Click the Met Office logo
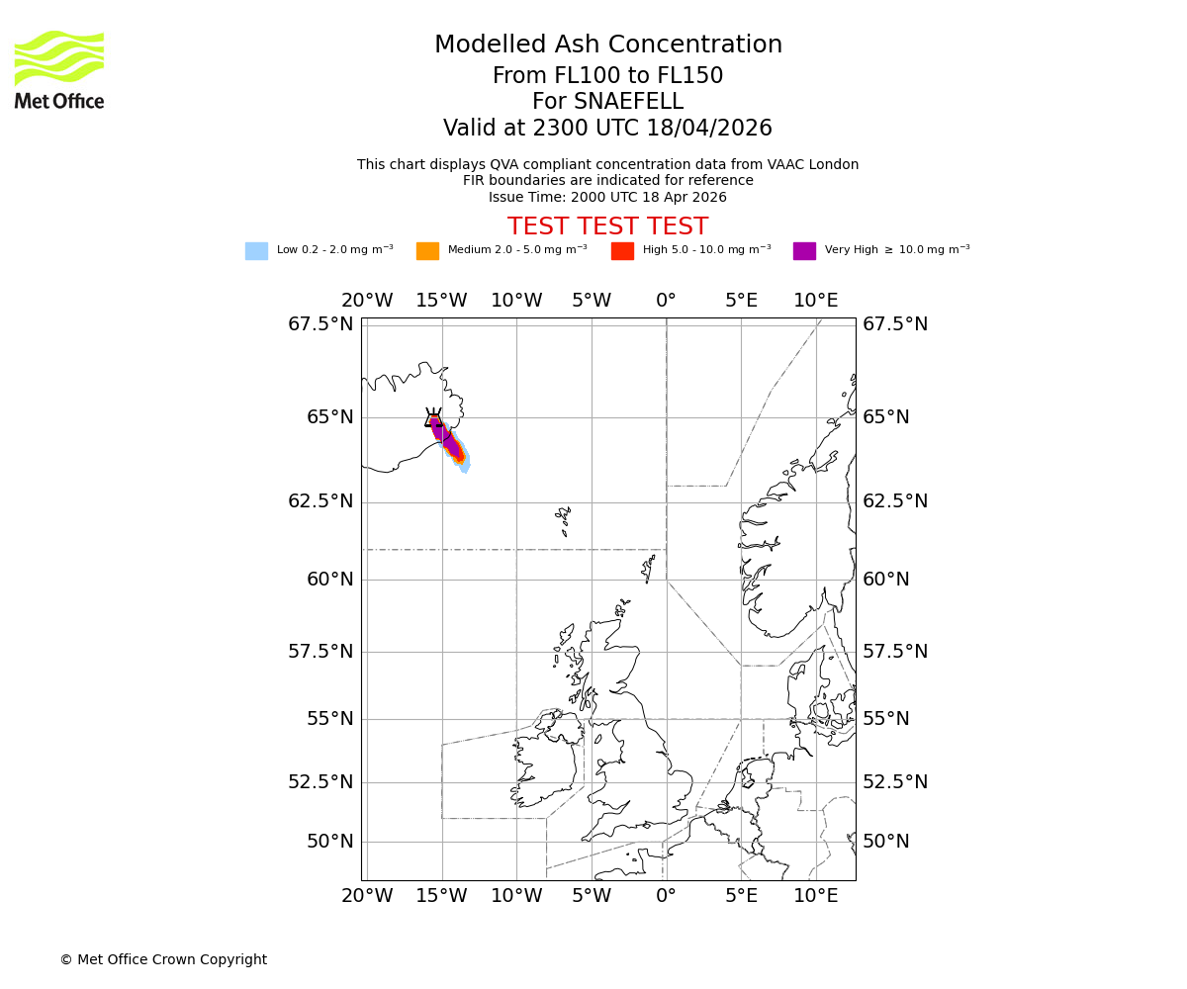pos(59,69)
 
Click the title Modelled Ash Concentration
pos(607,45)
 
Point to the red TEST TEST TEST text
pos(607,226)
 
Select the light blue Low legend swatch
pos(256,251)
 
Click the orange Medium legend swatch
pos(427,251)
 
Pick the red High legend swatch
pos(622,251)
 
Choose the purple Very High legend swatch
pos(804,251)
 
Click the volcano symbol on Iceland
pos(433,418)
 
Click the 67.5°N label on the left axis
pos(320,324)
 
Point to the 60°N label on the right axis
pos(885,580)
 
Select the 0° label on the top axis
pos(666,301)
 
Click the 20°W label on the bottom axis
pos(367,896)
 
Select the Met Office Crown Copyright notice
pos(163,959)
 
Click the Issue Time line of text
pos(607,197)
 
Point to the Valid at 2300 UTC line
pos(607,129)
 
